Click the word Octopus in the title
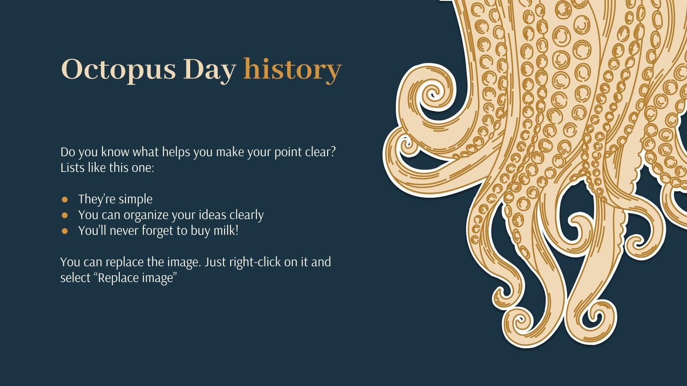click(x=119, y=69)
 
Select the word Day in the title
click(x=210, y=69)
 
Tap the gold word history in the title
click(x=292, y=69)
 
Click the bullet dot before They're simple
click(x=65, y=199)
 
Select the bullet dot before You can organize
click(x=65, y=215)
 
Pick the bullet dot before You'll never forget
click(x=65, y=231)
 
